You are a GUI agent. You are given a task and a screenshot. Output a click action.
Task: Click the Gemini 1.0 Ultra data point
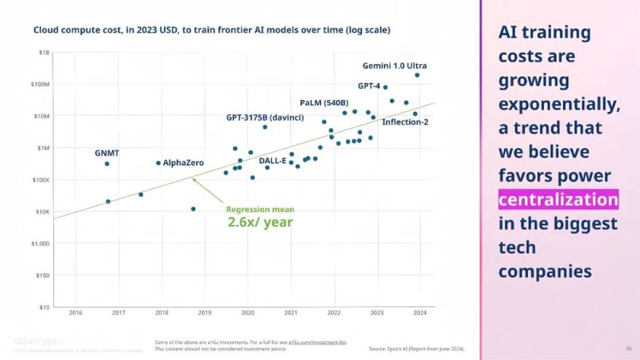point(417,75)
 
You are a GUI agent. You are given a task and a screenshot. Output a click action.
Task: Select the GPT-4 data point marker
point(385,87)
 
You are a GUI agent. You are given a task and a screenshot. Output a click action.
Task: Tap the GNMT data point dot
point(107,164)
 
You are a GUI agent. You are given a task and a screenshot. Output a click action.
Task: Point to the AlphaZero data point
point(158,163)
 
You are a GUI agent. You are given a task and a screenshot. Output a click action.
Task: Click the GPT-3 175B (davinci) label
point(260,118)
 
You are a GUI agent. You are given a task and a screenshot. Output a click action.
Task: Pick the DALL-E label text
point(272,161)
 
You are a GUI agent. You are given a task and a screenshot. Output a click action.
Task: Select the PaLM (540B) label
point(324,103)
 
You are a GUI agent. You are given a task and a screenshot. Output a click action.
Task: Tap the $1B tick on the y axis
point(43,52)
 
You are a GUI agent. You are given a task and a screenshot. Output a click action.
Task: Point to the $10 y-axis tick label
point(44,307)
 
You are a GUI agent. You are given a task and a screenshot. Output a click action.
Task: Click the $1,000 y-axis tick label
point(41,244)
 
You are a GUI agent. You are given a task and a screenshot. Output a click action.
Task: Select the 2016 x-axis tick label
point(75,313)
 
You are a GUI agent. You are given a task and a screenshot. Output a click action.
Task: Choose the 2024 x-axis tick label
point(419,313)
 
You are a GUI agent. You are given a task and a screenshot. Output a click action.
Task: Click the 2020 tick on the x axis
point(248,313)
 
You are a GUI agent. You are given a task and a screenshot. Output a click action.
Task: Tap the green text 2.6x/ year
point(260,222)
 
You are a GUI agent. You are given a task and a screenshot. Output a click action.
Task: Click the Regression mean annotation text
point(260,209)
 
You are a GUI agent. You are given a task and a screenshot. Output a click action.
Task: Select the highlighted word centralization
point(558,199)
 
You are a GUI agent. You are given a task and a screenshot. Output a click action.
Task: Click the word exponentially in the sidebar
point(558,104)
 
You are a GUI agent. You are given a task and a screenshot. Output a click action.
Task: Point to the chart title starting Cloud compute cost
point(211,30)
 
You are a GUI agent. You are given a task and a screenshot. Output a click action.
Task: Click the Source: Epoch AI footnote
point(416,348)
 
